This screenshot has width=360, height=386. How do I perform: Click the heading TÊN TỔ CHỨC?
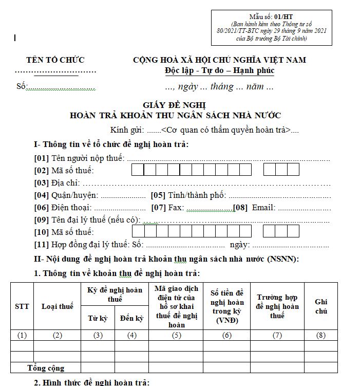pyautogui.click(x=55, y=60)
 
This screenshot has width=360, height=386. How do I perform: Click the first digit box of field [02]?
pyautogui.click(x=138, y=170)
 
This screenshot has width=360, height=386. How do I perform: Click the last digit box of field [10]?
pyautogui.click(x=293, y=231)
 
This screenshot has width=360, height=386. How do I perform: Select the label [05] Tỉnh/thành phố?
pyautogui.click(x=188, y=195)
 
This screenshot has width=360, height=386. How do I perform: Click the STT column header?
pyautogui.click(x=22, y=306)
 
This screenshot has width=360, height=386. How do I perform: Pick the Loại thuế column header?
pyautogui.click(x=58, y=306)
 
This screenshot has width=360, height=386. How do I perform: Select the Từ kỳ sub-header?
pyautogui.click(x=98, y=319)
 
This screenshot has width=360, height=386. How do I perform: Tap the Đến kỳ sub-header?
pyautogui.click(x=131, y=319)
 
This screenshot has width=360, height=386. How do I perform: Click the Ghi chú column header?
pyautogui.click(x=321, y=306)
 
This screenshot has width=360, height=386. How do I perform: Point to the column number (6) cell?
pyautogui.click(x=227, y=336)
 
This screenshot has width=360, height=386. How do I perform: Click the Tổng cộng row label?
pyautogui.click(x=46, y=368)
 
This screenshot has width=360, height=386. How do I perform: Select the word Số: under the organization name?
pyautogui.click(x=21, y=86)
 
